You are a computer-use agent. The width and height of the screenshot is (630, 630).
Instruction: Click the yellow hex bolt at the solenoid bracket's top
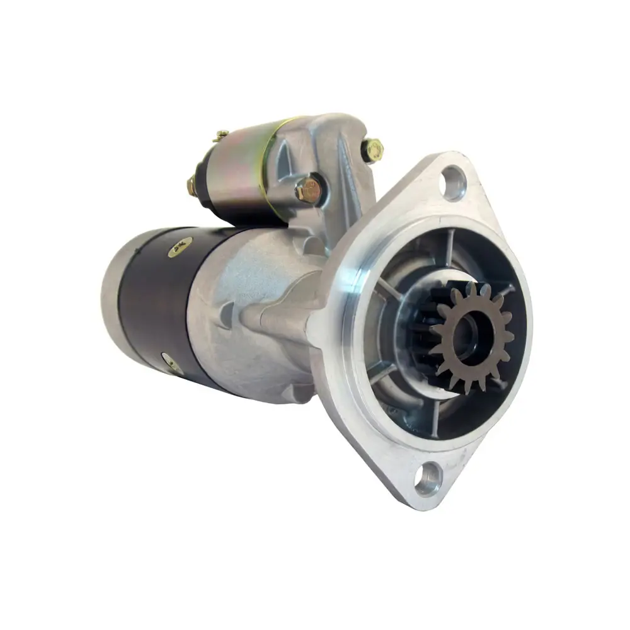pyautogui.click(x=372, y=149)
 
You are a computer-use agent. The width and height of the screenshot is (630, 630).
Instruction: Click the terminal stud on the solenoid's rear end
pyautogui.click(x=192, y=185)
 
